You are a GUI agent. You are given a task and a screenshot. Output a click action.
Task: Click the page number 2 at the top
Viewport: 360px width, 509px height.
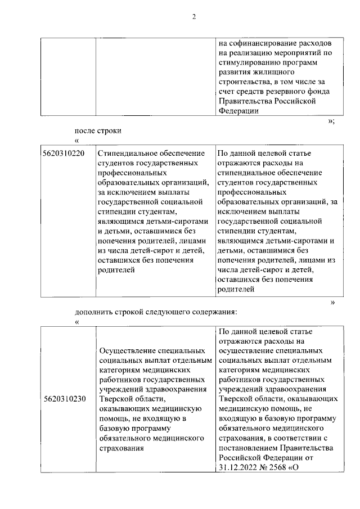(x=193, y=16)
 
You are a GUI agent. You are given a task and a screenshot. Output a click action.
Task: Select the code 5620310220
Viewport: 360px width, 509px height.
(x=64, y=154)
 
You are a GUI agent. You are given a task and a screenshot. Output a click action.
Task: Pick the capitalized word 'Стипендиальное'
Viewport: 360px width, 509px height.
(x=126, y=154)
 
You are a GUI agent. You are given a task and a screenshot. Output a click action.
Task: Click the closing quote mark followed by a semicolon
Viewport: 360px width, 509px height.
(x=331, y=120)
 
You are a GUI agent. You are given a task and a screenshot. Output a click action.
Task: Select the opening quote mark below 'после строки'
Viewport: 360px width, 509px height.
(x=76, y=140)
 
